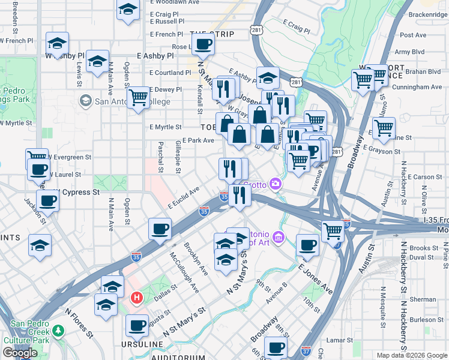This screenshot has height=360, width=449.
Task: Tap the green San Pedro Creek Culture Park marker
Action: tap(58, 331)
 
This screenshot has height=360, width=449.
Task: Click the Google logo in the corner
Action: tap(20, 353)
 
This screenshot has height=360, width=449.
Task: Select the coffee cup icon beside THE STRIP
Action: tap(203, 44)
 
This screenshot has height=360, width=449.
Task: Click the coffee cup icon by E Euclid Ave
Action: tap(160, 229)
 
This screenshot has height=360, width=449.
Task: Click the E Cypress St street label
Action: tap(78, 193)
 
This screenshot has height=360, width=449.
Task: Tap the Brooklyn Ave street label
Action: tap(196, 259)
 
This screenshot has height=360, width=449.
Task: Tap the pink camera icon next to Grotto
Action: tap(276, 184)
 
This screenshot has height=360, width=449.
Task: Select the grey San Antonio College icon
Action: tap(86, 100)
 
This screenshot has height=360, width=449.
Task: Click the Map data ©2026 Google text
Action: tap(412, 355)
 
